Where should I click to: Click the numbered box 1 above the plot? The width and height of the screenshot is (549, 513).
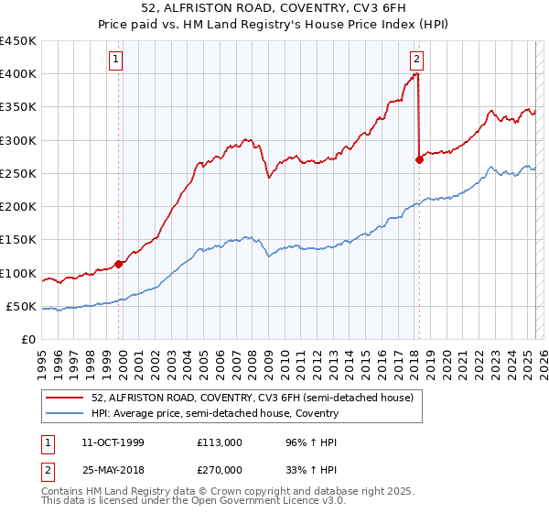point(117,60)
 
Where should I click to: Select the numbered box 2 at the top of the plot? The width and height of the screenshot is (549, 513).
point(416,60)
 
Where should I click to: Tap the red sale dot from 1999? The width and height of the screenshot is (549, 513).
point(119,264)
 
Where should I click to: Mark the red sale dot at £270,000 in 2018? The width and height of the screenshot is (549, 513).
point(419,159)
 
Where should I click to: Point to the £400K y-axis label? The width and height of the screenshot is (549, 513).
point(18,74)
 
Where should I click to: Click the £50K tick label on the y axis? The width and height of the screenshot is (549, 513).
point(21,306)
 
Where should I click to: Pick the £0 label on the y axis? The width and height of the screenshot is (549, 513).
point(28,339)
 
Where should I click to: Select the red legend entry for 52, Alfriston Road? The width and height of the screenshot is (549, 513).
point(253,398)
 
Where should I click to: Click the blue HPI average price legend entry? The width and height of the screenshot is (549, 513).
point(215,413)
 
